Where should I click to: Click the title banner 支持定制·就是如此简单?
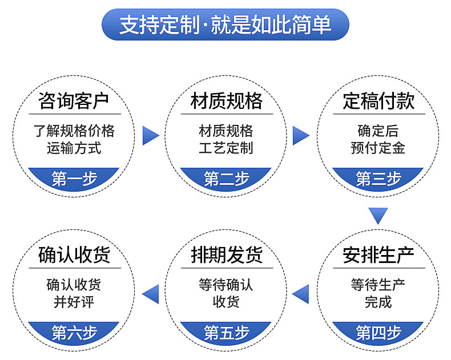(x=226, y=25)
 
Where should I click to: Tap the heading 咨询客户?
(x=74, y=101)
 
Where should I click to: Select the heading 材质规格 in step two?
(x=227, y=101)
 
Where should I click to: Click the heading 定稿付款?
(x=378, y=101)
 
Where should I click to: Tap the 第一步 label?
(x=74, y=179)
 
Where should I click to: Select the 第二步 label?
(x=227, y=179)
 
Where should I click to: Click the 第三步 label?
(x=378, y=179)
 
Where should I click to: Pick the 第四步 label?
(x=378, y=332)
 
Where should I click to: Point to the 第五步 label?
(x=227, y=332)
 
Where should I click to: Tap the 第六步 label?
(x=74, y=332)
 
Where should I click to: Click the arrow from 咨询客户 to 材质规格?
(x=150, y=135)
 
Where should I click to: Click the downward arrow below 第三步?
(x=378, y=215)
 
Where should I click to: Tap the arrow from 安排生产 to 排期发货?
(x=301, y=293)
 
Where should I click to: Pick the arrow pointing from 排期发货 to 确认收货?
(x=151, y=293)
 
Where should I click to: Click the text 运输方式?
(x=74, y=148)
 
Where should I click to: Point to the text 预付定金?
(x=378, y=148)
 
